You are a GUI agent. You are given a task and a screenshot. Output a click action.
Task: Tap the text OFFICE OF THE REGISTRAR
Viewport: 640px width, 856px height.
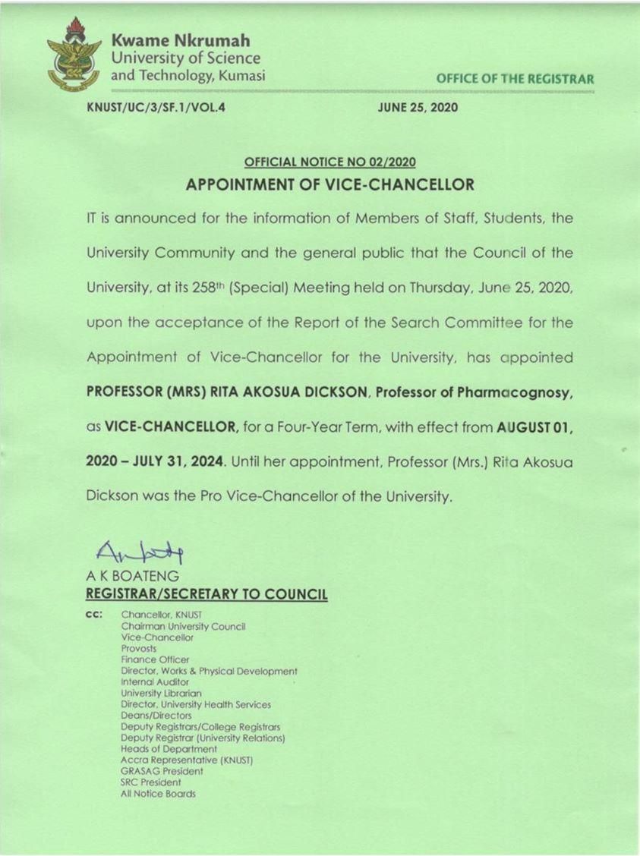tap(515, 79)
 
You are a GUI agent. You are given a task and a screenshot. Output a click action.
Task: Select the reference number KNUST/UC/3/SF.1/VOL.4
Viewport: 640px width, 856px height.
tap(157, 108)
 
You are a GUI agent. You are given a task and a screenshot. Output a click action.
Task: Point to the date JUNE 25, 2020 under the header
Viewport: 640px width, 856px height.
tap(418, 108)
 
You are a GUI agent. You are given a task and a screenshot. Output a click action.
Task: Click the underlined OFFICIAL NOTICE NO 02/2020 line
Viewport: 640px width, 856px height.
tap(329, 162)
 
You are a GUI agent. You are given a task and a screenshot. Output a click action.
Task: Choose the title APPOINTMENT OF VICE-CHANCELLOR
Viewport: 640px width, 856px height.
tap(330, 184)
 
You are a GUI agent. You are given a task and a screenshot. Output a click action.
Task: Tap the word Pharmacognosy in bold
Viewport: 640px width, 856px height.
tap(504, 392)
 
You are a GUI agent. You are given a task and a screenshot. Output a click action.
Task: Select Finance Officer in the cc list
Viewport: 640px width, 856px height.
tap(155, 660)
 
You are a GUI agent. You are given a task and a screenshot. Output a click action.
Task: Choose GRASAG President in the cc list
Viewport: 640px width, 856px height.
tap(162, 771)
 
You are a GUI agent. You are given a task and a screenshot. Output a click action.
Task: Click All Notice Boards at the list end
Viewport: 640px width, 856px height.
tap(158, 794)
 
